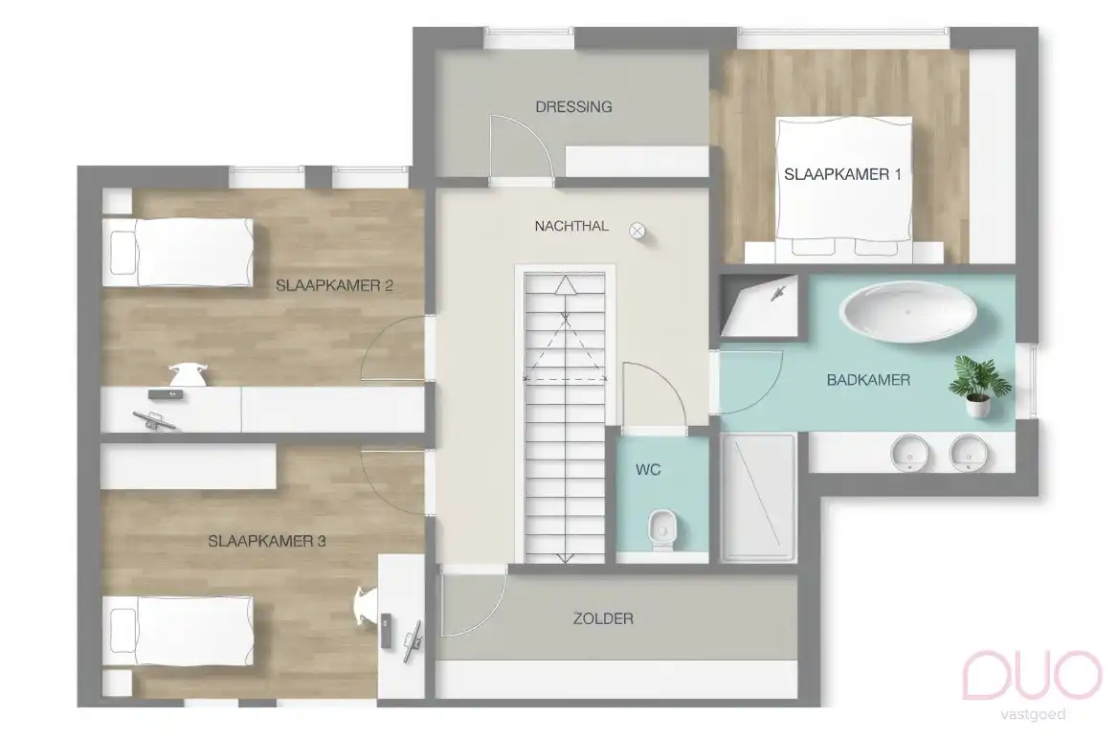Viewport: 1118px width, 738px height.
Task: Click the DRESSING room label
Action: tap(573, 106)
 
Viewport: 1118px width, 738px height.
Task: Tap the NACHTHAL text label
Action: tap(571, 226)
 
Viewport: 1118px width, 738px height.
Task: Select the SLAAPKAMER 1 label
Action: tap(842, 174)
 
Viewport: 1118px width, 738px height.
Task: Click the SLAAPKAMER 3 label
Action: tap(267, 541)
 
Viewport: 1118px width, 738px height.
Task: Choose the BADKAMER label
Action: tap(868, 380)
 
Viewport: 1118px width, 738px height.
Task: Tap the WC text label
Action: tap(648, 470)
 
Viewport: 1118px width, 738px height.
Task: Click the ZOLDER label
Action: tap(603, 618)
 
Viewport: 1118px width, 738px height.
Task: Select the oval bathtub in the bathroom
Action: tap(908, 312)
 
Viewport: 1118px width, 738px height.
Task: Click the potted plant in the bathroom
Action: tap(978, 385)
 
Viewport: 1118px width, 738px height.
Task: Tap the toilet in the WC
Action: tap(661, 529)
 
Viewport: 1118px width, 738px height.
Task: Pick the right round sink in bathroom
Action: tap(969, 452)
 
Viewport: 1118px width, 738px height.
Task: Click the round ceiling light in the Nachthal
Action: tap(637, 230)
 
